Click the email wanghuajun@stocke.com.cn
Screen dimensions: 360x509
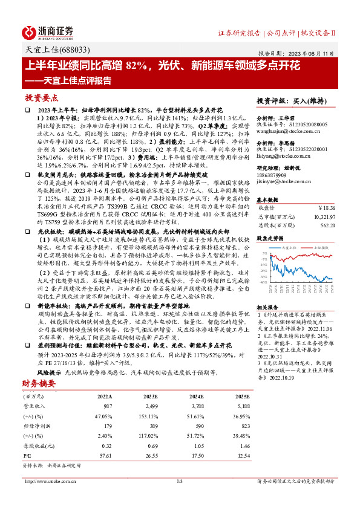point(284,129)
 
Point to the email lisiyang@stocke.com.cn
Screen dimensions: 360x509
point(282,157)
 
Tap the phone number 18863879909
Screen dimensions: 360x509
point(272,174)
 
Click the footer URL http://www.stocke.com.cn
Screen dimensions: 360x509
point(49,481)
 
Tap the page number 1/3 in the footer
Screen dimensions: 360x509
point(179,481)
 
